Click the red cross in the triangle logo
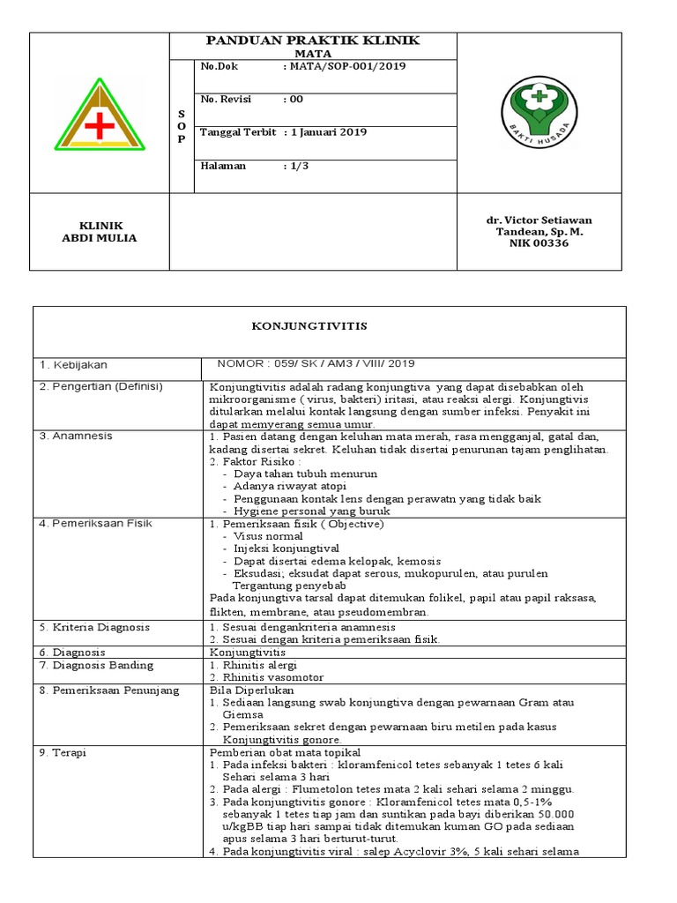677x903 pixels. coord(100,125)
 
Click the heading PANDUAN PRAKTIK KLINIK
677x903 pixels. coord(313,41)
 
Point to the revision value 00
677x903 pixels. coord(293,100)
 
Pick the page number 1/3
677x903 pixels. coord(293,166)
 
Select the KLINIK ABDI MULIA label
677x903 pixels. coord(100,232)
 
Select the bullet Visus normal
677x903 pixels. coord(268,536)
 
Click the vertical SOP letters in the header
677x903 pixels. coord(182,126)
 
